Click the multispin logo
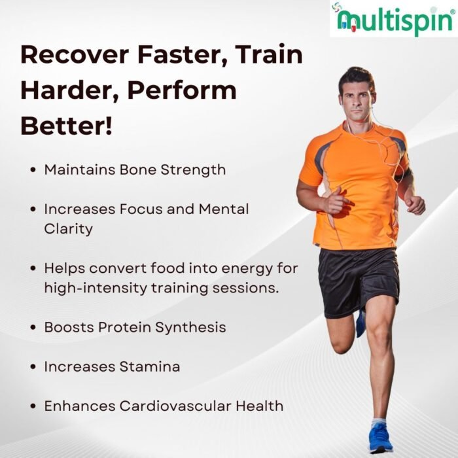(x=394, y=19)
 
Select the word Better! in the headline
(x=66, y=126)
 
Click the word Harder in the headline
(x=69, y=90)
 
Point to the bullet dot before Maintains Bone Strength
(x=33, y=170)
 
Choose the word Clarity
(x=68, y=229)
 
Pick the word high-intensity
(x=96, y=289)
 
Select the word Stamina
(x=150, y=366)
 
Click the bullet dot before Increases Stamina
(x=33, y=367)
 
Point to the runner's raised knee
(x=341, y=345)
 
